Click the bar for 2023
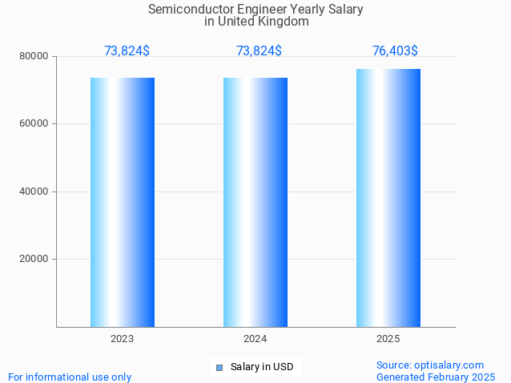(123, 202)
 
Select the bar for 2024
(255, 202)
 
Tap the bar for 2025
(388, 198)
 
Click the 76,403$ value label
(395, 51)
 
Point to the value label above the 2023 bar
(127, 51)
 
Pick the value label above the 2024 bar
(259, 51)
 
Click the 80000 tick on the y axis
(34, 56)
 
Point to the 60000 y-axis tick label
(34, 123)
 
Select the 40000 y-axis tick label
(34, 191)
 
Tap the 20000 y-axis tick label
(34, 259)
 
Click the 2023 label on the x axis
(123, 339)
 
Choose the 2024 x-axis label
(255, 339)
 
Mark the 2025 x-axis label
(388, 339)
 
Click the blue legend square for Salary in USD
(219, 368)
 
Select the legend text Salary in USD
(262, 367)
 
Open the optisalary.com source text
(430, 365)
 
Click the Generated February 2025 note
(436, 377)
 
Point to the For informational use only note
(70, 377)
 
